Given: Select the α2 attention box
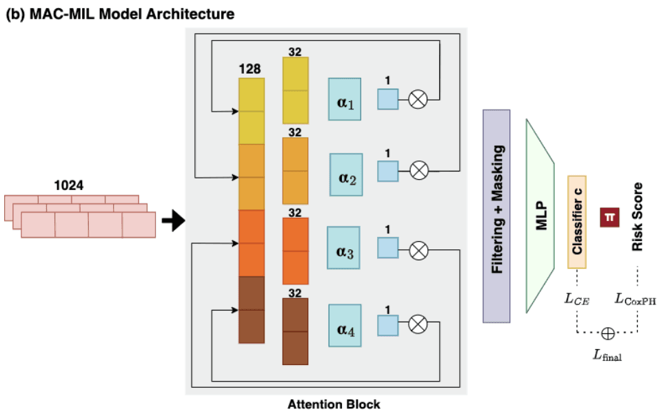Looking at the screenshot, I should point(346,179).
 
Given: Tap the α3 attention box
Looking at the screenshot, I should point(344,251).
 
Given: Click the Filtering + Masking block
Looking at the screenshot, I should point(496,216).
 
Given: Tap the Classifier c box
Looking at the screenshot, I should point(576,222).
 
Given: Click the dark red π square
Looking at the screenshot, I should point(609,216).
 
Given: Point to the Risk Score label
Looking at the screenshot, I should point(637,216).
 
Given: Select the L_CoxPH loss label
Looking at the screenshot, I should point(636,298).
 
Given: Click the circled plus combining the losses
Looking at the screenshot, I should point(608,333).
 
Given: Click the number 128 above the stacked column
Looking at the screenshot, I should point(249,70).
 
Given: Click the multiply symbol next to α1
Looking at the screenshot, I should point(418,100).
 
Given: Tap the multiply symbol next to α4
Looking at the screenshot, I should point(418,324).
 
